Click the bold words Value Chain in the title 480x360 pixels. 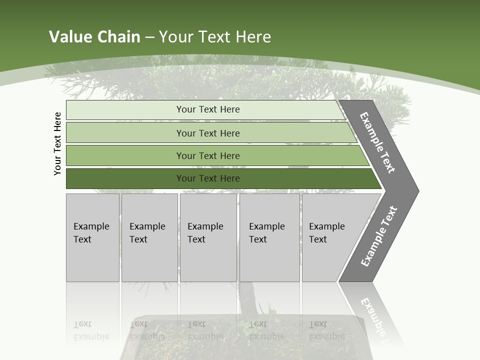[x=94, y=36]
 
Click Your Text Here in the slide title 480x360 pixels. [x=215, y=36]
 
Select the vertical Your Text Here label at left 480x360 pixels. [x=57, y=143]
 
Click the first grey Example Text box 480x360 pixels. [x=92, y=237]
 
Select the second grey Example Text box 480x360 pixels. [x=149, y=237]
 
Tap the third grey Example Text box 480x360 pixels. [x=208, y=237]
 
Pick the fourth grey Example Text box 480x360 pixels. [x=269, y=237]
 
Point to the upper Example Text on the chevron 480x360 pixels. [x=377, y=142]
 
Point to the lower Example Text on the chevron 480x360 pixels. [x=378, y=236]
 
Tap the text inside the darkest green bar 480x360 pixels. [x=208, y=178]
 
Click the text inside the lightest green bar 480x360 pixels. [x=208, y=109]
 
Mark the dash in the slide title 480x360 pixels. [x=149, y=37]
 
